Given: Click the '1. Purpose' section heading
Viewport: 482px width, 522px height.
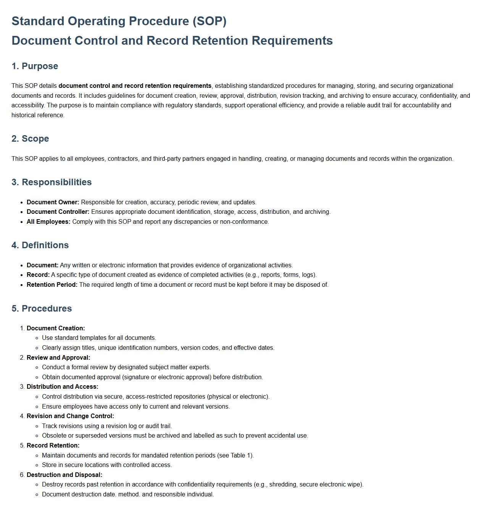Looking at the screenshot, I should [35, 66].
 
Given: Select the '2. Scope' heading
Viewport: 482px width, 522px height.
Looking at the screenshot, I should [30, 139].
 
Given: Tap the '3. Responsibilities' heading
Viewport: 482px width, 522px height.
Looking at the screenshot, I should [52, 182].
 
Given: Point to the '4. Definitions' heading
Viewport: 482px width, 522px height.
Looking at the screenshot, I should [40, 245].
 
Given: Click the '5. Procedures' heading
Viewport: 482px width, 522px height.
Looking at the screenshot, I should [42, 309].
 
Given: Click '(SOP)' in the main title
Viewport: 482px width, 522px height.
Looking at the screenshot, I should [209, 21].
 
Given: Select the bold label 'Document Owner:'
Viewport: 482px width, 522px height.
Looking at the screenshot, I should [53, 202].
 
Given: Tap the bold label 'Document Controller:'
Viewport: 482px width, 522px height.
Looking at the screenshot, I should [58, 212].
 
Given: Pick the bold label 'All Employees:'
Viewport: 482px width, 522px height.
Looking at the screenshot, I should [48, 221].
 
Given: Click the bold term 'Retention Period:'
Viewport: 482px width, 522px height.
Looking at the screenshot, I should [52, 284].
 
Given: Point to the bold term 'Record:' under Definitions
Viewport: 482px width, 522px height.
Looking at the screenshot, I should [38, 275].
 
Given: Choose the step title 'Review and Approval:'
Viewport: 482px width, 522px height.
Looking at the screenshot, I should [58, 357].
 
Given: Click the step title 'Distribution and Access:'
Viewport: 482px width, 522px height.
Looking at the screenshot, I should [62, 386].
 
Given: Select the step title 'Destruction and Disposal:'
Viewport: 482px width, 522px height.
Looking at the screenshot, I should [64, 475].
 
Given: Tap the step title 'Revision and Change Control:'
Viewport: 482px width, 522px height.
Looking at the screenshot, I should [70, 416].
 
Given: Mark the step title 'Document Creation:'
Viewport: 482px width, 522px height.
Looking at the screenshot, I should [56, 328].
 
